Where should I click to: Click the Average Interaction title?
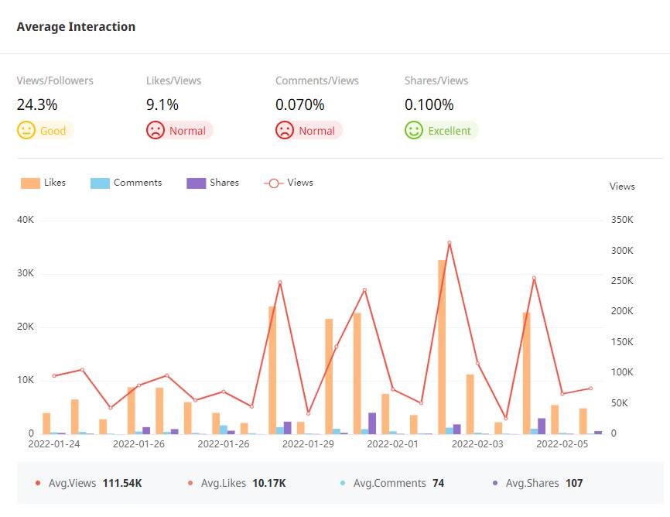[x=76, y=27]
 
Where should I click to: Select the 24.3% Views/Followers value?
[x=37, y=104]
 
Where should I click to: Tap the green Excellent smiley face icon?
[x=414, y=130]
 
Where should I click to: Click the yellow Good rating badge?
[x=45, y=131]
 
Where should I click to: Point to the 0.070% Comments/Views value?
[x=299, y=104]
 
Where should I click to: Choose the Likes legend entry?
[x=43, y=183]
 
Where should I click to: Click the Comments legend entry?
[x=126, y=183]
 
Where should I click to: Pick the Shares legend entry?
[x=213, y=183]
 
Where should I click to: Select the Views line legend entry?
[x=289, y=183]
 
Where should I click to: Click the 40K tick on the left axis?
[x=26, y=220]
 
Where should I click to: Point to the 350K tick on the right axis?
[x=621, y=220]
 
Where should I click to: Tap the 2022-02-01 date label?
[x=392, y=444]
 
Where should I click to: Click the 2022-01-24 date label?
[x=53, y=444]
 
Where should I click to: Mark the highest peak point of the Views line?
[x=449, y=243]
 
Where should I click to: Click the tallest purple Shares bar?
[x=372, y=423]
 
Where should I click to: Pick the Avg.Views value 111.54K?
[x=121, y=483]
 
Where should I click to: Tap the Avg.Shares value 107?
[x=573, y=483]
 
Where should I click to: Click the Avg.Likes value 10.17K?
[x=268, y=483]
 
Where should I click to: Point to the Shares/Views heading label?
[x=436, y=80]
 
